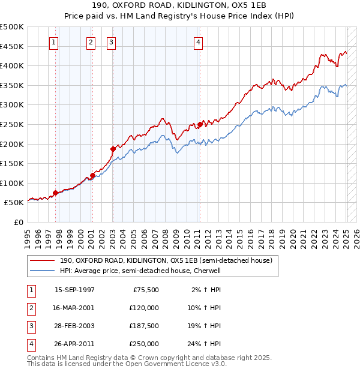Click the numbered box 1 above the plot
point(55,42)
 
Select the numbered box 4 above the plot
point(198,42)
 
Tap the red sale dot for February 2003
point(113,148)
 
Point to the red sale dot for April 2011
point(199,124)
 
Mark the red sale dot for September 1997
point(55,193)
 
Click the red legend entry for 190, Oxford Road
point(166,260)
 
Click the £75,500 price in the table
point(146,290)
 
